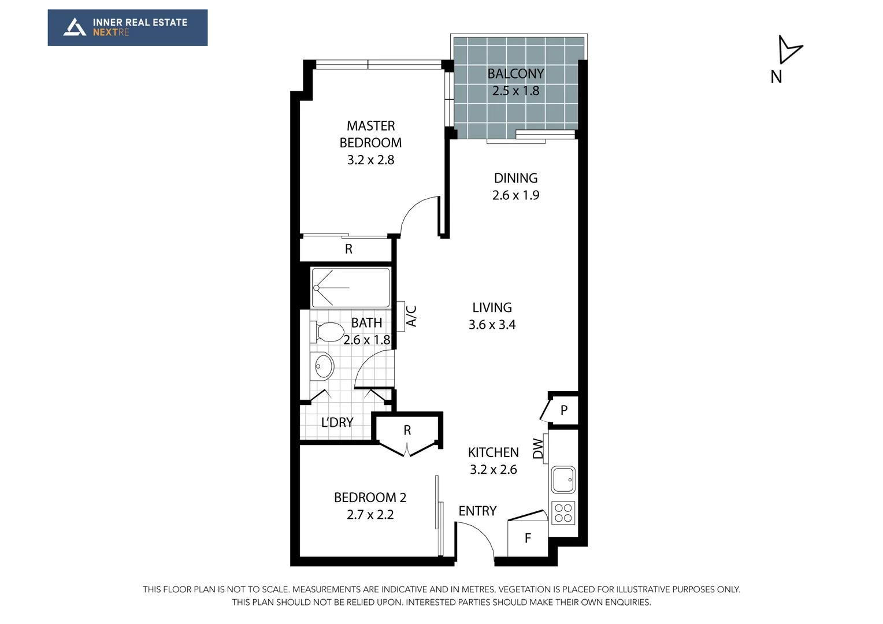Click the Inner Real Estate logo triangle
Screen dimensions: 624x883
click(75, 27)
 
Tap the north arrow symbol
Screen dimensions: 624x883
click(788, 50)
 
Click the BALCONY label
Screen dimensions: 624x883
click(515, 74)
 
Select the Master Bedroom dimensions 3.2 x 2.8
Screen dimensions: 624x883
click(370, 160)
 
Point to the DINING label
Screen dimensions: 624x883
click(515, 179)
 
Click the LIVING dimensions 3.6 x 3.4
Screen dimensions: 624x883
click(492, 325)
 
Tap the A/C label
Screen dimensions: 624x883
click(411, 316)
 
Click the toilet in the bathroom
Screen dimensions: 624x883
click(327, 332)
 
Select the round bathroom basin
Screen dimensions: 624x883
click(323, 366)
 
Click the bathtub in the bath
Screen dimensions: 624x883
click(350, 287)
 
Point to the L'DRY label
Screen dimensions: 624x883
click(337, 423)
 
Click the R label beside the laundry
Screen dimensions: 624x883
click(407, 430)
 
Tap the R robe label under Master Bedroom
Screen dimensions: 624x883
click(348, 249)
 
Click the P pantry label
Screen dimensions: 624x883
click(564, 410)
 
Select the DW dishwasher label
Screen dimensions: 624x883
click(538, 449)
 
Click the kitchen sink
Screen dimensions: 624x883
click(563, 480)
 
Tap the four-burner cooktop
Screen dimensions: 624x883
click(563, 513)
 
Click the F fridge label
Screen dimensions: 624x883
click(528, 538)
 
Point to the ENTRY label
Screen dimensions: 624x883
click(477, 511)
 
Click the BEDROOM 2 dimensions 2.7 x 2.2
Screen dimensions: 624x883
click(370, 515)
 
